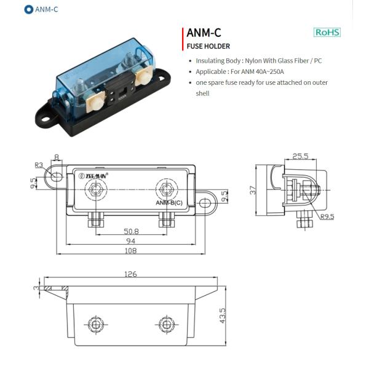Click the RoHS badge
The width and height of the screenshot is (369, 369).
(327, 32)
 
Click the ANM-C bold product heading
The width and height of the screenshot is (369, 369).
(204, 33)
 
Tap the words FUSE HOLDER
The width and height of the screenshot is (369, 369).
(208, 46)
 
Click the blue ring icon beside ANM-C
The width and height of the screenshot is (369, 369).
(29, 9)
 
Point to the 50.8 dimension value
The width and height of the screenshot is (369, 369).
(131, 231)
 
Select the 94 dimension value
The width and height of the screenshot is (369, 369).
(130, 241)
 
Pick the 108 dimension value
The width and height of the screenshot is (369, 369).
(130, 251)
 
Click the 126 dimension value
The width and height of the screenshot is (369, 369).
(130, 274)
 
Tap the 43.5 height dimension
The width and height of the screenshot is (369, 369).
(223, 316)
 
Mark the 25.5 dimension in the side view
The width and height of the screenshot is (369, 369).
(300, 156)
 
